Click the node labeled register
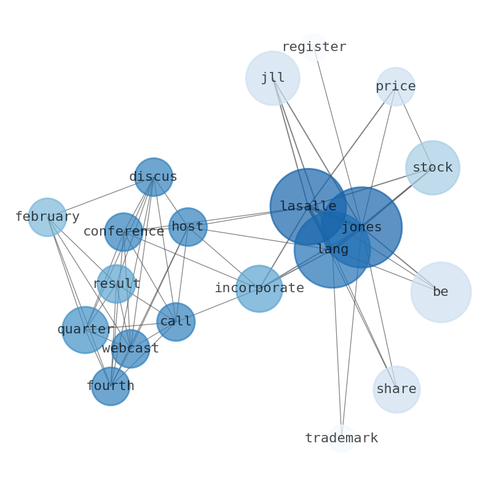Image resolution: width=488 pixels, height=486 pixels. coord(314,47)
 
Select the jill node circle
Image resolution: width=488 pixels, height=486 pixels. coord(273,78)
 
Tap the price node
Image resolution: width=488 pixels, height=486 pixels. coord(396,87)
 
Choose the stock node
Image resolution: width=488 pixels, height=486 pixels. coord(433,168)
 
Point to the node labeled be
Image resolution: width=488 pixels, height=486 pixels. coord(441,292)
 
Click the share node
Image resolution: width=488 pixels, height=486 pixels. coord(396,389)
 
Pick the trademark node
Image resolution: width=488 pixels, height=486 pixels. coord(342,439)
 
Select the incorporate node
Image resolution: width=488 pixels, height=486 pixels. coord(259,289)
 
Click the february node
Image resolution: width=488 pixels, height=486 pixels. coord(47,217)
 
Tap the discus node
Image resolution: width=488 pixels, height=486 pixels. coord(154,177)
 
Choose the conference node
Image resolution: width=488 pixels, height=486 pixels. coord(124,232)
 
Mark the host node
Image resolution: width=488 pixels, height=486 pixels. coord(187,227)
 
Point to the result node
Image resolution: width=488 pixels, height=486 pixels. coord(116,284)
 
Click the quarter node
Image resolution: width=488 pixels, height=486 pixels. coord(85,330)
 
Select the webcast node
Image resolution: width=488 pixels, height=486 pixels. coord(130,349)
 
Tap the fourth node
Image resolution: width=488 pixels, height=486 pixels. coord(111,386)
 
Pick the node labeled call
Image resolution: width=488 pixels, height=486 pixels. coord(176,322)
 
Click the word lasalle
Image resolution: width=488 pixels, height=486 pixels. coord(308,207)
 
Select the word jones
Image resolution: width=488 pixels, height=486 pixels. coord(362,228)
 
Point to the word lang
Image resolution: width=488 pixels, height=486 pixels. coord(333,250)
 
